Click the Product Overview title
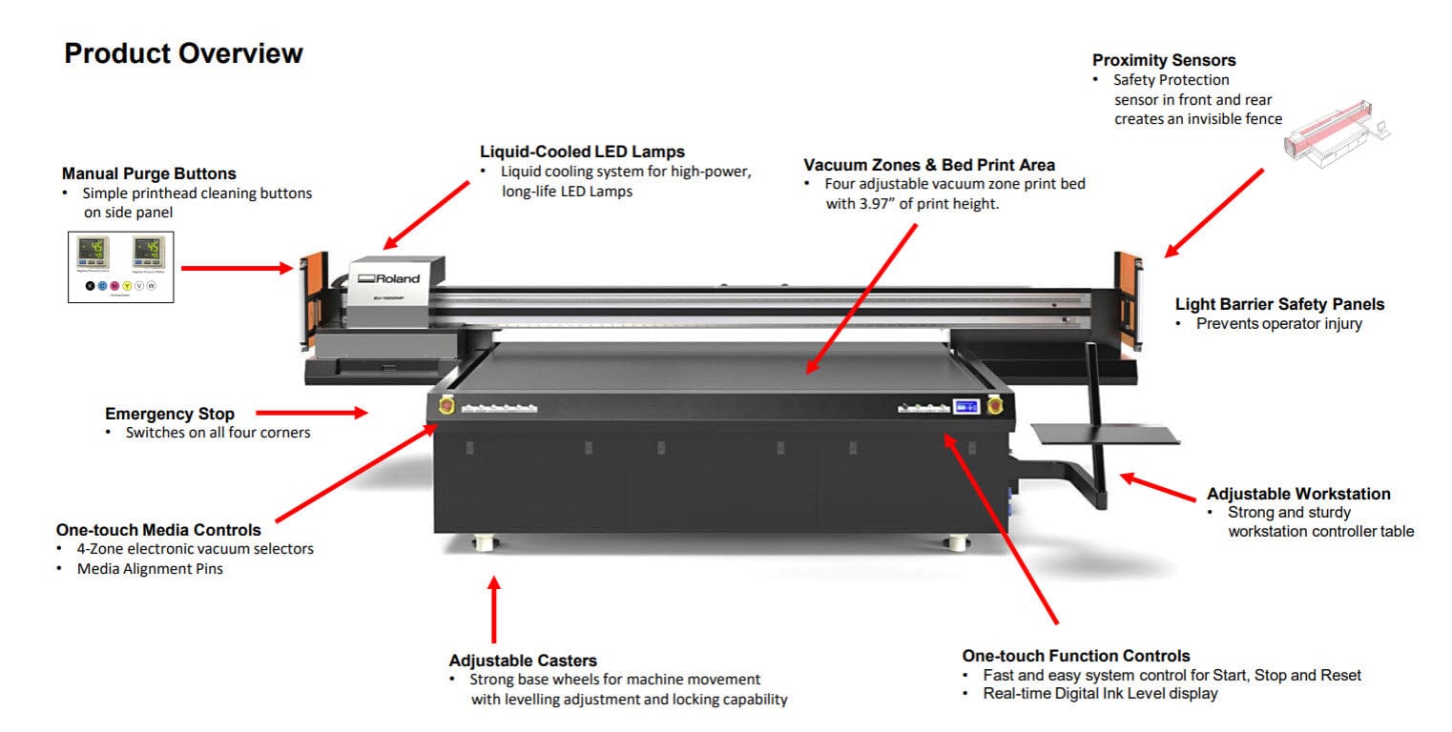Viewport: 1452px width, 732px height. pyautogui.click(x=183, y=53)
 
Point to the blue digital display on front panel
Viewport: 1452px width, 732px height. pyautogui.click(x=966, y=407)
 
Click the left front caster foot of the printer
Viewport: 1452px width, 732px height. pyautogui.click(x=486, y=543)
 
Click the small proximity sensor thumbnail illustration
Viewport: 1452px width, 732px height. pyautogui.click(x=1336, y=143)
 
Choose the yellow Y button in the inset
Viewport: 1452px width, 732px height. pyautogui.click(x=127, y=285)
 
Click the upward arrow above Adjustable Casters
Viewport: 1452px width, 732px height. pyautogui.click(x=493, y=610)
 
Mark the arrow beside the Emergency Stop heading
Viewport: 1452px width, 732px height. pyautogui.click(x=311, y=413)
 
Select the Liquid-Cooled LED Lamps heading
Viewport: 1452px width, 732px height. pyautogui.click(x=582, y=152)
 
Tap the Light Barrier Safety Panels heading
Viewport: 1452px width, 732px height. pyautogui.click(x=1279, y=304)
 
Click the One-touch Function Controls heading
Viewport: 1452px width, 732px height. pyautogui.click(x=1076, y=656)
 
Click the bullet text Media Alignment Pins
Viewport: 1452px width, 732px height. pyautogui.click(x=150, y=569)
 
